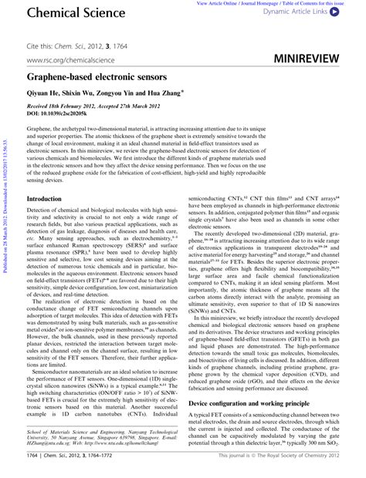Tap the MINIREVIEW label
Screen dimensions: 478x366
(x=312, y=59)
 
